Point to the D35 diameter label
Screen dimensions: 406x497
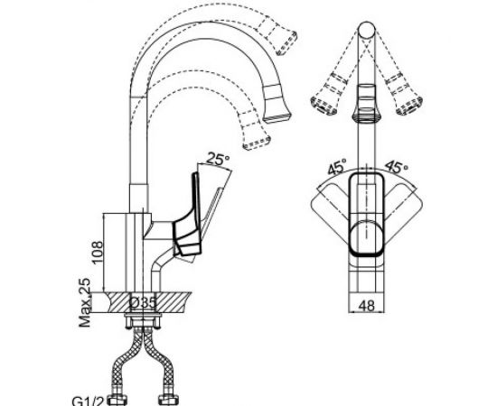[x=144, y=300]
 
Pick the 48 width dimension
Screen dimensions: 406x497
[x=366, y=306]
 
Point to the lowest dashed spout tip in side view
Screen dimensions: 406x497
[x=257, y=137]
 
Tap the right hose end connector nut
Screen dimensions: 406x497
[x=169, y=396]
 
